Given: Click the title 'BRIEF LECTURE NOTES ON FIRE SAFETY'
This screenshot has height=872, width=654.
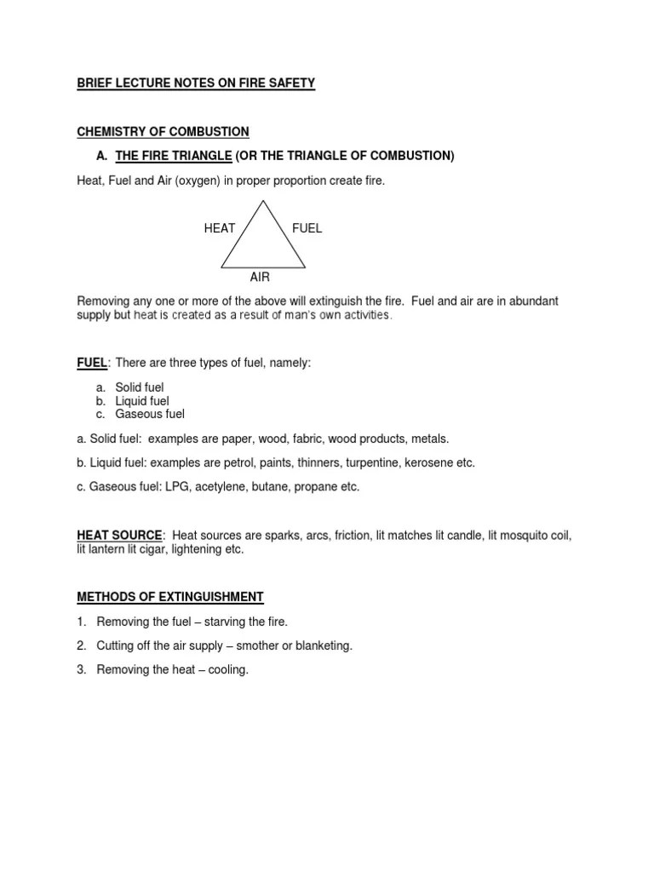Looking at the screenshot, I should point(196,83).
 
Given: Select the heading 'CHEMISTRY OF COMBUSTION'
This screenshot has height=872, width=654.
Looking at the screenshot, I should point(163,132).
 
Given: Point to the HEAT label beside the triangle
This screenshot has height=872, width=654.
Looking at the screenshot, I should point(220,229).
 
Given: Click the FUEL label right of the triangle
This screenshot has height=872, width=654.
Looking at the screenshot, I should point(307,229).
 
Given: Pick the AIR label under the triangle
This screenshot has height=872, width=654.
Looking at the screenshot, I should point(260,278).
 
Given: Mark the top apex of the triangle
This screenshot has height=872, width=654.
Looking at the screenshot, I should point(263,202).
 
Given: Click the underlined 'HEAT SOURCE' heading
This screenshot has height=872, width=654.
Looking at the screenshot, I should point(119,535).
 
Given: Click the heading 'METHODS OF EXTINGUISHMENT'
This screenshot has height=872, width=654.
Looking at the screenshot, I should point(170,596).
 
